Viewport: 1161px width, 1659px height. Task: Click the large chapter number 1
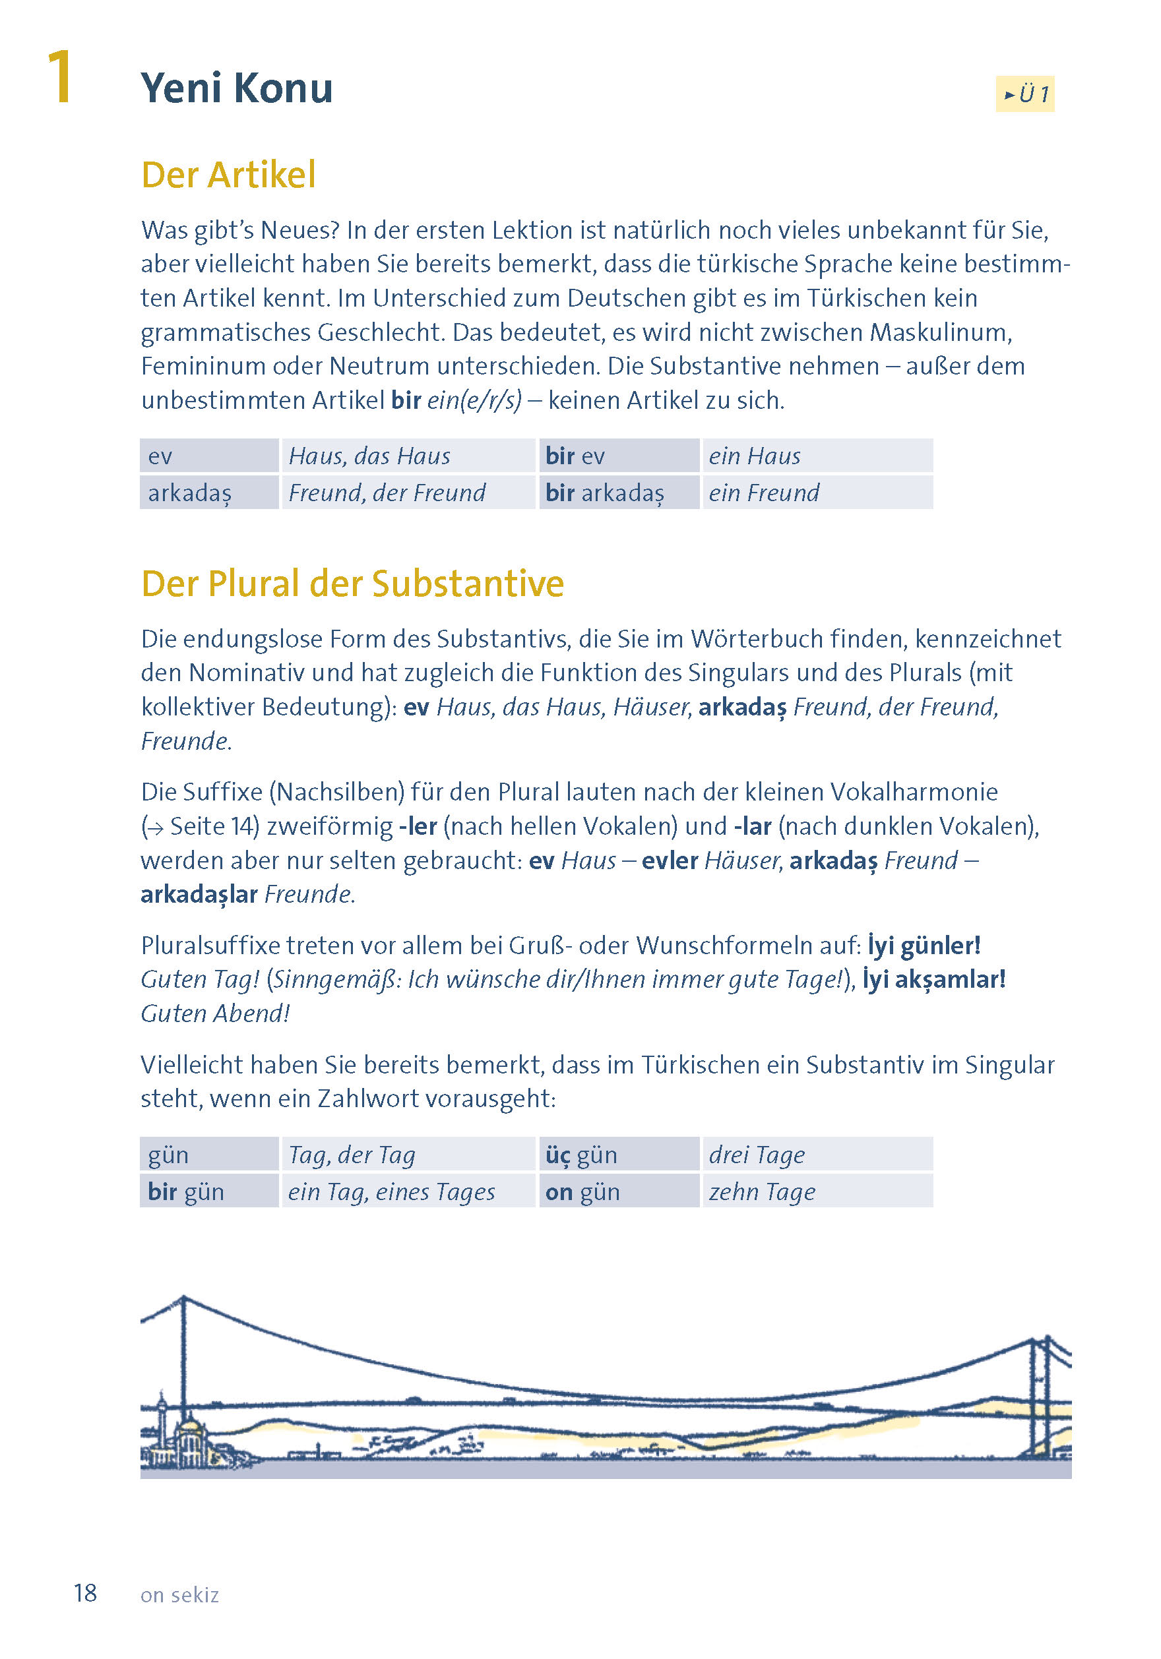coord(60,77)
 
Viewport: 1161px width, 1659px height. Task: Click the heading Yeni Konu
coord(236,88)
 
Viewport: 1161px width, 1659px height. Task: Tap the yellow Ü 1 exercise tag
coord(1024,94)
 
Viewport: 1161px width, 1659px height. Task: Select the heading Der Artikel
coord(228,175)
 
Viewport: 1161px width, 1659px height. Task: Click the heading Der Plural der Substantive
coord(352,583)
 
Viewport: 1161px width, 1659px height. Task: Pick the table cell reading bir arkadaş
coord(604,493)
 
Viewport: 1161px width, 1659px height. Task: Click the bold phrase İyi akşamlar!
coord(933,979)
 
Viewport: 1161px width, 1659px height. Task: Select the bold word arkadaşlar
coord(199,894)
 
